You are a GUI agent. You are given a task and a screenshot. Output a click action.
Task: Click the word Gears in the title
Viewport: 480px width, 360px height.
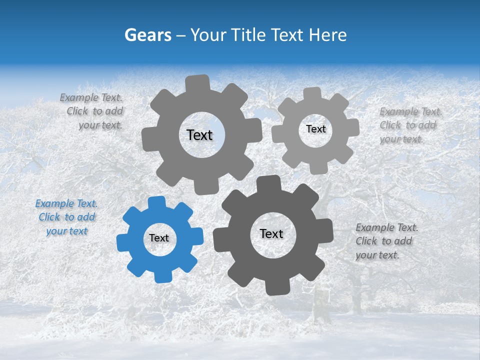click(x=147, y=35)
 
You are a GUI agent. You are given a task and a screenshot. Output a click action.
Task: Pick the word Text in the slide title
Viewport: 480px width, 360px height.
click(x=289, y=35)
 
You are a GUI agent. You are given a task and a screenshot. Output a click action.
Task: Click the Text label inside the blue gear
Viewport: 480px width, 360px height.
click(x=159, y=238)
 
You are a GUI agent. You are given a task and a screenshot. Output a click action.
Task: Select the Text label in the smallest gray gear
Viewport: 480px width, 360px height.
click(x=315, y=129)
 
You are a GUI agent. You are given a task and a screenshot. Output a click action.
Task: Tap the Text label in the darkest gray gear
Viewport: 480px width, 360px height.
click(x=271, y=234)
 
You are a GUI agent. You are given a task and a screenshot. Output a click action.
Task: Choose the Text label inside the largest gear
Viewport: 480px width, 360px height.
click(x=199, y=135)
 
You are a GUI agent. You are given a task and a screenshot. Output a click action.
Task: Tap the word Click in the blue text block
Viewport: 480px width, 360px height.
click(x=49, y=217)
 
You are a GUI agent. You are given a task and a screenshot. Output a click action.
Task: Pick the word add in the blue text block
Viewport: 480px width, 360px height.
click(x=86, y=217)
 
